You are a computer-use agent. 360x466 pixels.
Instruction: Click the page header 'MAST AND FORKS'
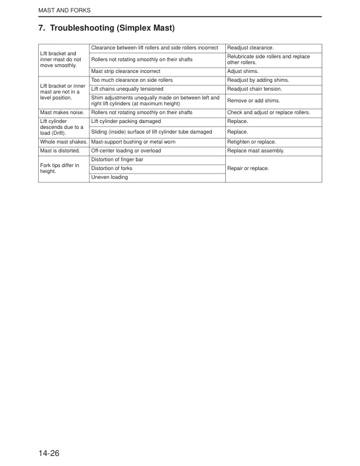pos(61,11)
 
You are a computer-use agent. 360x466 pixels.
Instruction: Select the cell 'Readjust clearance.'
pos(251,47)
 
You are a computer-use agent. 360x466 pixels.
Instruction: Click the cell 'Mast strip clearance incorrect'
pos(126,71)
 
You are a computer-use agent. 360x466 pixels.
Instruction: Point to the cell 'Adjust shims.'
pos(242,71)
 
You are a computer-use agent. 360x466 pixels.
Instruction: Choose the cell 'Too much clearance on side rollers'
pos(131,80)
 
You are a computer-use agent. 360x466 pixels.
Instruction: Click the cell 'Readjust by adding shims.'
pos(258,80)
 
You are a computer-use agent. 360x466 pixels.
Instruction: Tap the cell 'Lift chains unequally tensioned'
pos(127,89)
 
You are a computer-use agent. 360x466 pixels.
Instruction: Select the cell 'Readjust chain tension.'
pos(255,89)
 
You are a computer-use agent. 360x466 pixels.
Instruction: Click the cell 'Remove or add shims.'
pos(254,101)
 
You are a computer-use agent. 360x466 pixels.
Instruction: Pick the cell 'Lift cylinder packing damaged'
pos(126,121)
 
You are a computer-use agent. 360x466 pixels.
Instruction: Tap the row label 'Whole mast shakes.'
pos(64,142)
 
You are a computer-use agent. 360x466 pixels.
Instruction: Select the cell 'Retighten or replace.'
pos(251,142)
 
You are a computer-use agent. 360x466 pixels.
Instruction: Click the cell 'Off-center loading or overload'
pos(126,151)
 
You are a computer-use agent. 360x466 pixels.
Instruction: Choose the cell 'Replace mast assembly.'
pos(255,151)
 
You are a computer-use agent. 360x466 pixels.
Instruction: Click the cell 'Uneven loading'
pos(110,177)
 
